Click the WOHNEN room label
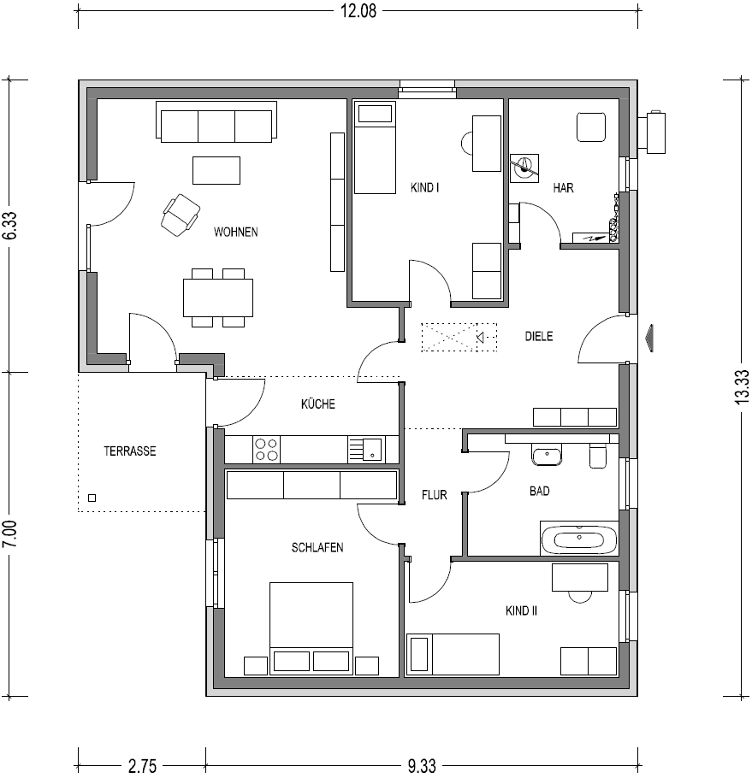point(236,232)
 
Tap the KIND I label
point(425,187)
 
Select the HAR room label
point(564,187)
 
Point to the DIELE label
point(539,336)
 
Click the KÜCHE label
point(318,404)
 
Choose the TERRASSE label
point(129,451)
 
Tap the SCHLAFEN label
point(317,547)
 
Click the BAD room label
point(540,491)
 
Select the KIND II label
point(521,610)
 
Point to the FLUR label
point(435,495)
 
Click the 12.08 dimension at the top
point(358,10)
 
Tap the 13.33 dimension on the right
point(743,387)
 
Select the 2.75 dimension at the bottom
point(143,766)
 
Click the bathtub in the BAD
point(579,538)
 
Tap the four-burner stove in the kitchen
point(266,449)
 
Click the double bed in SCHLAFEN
point(311,628)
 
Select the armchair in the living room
point(181,215)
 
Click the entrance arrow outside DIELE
point(649,338)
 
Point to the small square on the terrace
point(92,498)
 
